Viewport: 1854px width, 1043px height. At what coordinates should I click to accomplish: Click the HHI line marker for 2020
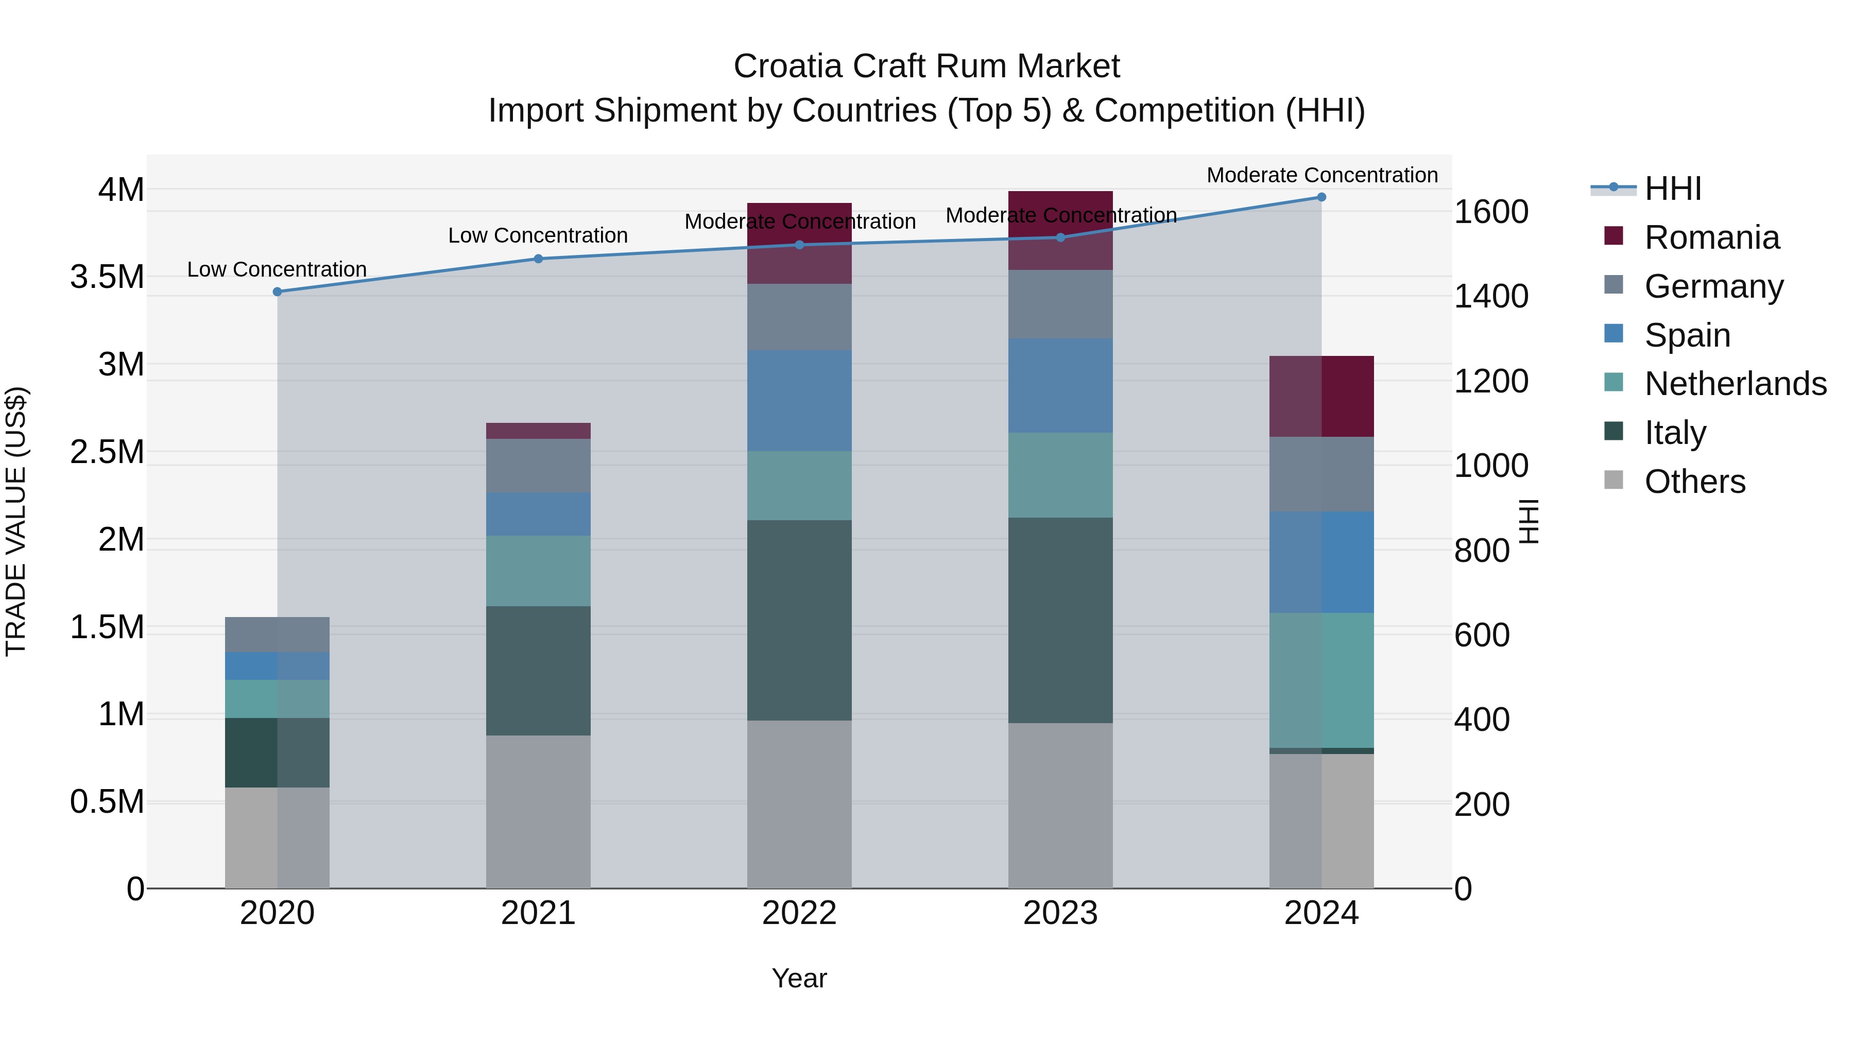(x=277, y=292)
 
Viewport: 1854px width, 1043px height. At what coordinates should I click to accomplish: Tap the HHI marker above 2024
(x=1321, y=197)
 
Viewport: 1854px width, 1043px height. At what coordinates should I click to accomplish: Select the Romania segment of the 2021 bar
(x=538, y=431)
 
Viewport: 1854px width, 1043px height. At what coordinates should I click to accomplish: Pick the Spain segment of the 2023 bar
(x=1060, y=385)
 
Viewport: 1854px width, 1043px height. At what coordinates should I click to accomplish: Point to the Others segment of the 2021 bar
(x=538, y=811)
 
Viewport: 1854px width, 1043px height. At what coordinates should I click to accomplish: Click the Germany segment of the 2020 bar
(x=277, y=634)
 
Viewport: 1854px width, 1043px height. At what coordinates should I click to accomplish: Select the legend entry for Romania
(x=1711, y=237)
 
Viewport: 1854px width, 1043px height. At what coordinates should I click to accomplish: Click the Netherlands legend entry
(x=1735, y=384)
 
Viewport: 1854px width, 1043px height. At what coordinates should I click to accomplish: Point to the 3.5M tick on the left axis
(x=107, y=277)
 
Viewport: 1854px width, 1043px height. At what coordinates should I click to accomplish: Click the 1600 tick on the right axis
(x=1491, y=212)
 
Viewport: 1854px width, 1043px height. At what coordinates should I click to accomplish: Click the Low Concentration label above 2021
(x=538, y=235)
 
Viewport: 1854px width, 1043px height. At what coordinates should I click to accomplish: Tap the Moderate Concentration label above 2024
(x=1321, y=175)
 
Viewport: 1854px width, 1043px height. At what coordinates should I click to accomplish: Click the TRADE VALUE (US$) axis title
(x=16, y=521)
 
